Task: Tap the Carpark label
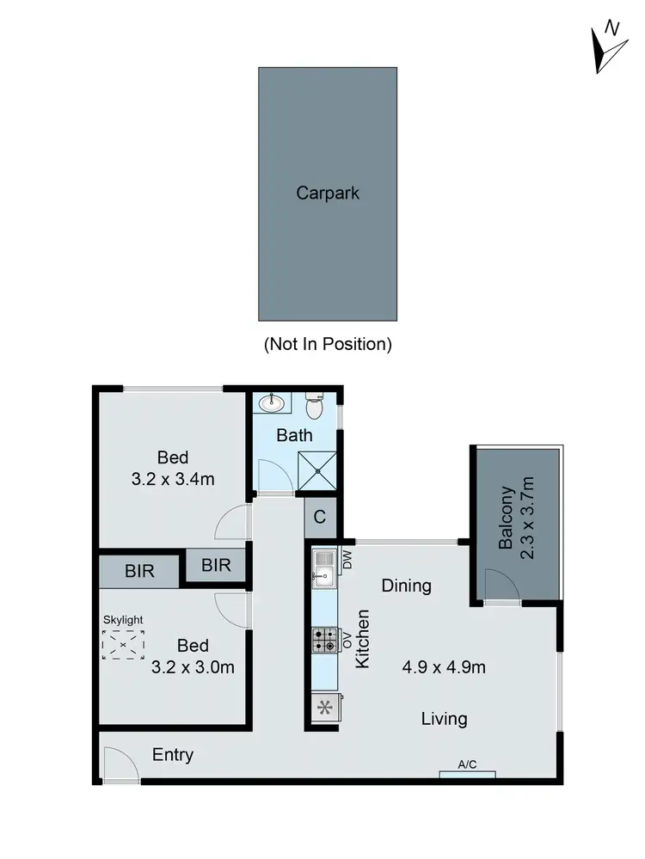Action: (328, 193)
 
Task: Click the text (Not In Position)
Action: (327, 344)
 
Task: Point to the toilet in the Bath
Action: (315, 404)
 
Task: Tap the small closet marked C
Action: (319, 518)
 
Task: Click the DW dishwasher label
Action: (348, 560)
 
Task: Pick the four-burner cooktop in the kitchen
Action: (324, 640)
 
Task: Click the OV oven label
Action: (348, 639)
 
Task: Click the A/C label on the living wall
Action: (467, 764)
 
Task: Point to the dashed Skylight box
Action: (123, 644)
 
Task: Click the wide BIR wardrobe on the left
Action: (138, 571)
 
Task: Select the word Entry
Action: (173, 755)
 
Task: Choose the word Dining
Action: (406, 586)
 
